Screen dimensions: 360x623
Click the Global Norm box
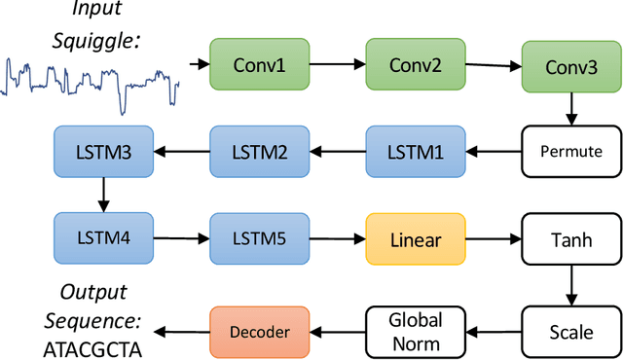coord(416,331)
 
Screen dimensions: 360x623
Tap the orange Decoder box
coord(260,331)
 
